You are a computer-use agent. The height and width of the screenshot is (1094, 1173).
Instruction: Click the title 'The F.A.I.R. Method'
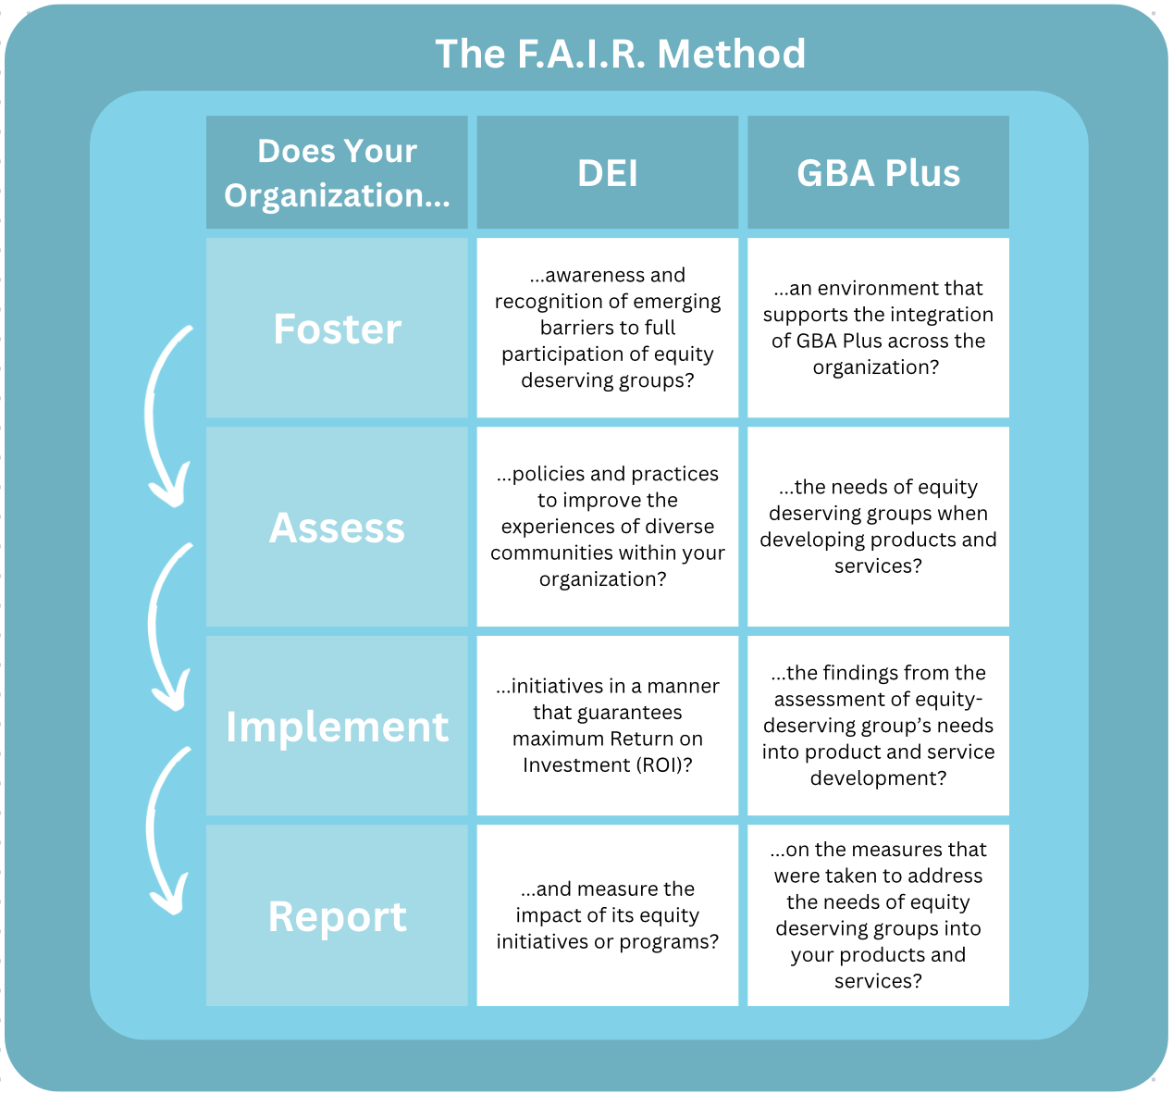[620, 54]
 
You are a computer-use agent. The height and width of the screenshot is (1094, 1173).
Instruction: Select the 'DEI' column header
[607, 172]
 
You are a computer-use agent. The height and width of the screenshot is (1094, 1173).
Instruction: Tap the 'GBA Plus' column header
[878, 172]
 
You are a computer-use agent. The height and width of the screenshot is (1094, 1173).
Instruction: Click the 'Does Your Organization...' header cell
[337, 172]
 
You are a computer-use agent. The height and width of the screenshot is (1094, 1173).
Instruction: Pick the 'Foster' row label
[337, 328]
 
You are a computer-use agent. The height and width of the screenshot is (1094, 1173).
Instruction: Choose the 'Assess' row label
[337, 527]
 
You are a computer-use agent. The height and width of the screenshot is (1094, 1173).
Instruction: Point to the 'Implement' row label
[337, 726]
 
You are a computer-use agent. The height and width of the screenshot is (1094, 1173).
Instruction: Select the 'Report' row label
[337, 916]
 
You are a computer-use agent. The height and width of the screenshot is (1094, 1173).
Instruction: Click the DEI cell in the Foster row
[607, 328]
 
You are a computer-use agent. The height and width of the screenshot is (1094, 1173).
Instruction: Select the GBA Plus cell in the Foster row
[878, 328]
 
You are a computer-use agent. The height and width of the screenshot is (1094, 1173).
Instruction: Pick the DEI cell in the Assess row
[607, 527]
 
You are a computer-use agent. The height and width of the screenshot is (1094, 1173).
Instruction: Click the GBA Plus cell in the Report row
[878, 916]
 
